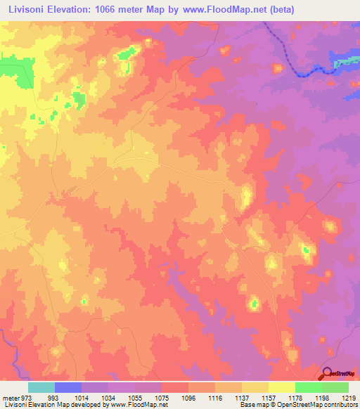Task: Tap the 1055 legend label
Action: point(135,398)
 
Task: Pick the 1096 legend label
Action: point(188,398)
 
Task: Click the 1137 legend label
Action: point(242,398)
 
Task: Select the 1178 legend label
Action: point(295,398)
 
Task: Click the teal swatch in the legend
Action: point(41,387)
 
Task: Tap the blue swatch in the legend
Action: point(68,387)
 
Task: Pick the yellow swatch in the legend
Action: point(282,387)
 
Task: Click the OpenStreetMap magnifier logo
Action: point(327,373)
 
